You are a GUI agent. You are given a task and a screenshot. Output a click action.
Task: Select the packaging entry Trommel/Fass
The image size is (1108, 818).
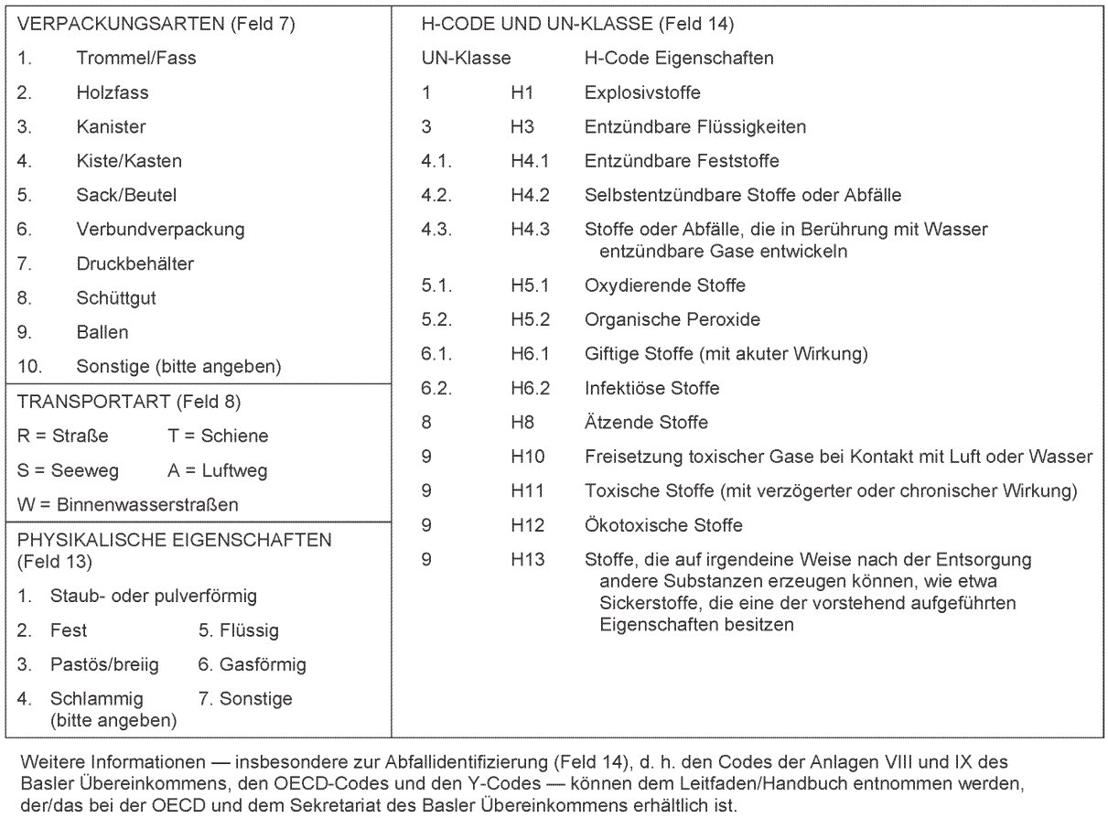136,59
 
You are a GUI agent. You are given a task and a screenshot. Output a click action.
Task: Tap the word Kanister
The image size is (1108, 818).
111,127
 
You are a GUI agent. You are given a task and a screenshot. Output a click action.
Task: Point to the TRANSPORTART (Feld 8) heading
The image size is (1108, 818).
128,401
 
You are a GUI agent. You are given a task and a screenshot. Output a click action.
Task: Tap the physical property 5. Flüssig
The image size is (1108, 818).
239,630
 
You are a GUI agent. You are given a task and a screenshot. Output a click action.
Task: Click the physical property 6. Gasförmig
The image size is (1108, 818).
252,664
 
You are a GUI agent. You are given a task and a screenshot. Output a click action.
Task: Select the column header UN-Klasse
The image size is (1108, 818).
466,59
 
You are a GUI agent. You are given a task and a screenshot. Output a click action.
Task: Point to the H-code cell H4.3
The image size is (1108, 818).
530,230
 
